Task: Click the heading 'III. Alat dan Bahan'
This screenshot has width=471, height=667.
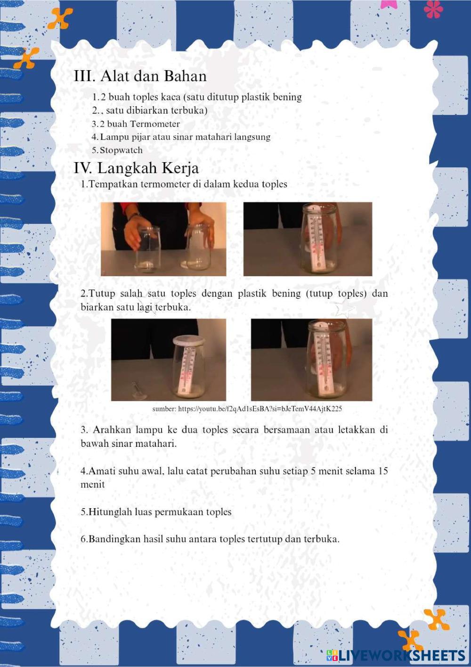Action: click(140, 76)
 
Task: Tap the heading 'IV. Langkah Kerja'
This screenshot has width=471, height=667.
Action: click(136, 168)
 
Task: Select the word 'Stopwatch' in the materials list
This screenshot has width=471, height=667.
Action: click(121, 150)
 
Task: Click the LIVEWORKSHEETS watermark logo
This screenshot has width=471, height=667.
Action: click(396, 655)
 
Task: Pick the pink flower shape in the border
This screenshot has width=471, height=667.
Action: click(433, 9)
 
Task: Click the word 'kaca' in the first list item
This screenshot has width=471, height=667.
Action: click(172, 98)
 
